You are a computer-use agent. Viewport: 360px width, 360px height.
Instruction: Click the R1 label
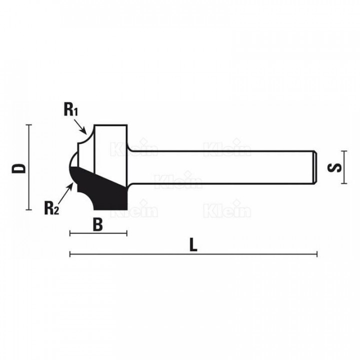[x=71, y=110]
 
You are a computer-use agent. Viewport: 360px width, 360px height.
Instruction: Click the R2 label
[x=52, y=208]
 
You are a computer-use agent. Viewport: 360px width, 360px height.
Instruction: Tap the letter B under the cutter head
[x=98, y=224]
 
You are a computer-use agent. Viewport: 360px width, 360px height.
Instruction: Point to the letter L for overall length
[x=193, y=245]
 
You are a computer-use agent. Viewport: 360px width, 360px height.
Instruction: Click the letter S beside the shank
[x=334, y=167]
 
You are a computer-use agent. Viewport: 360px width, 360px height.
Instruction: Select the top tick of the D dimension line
[x=28, y=125]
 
